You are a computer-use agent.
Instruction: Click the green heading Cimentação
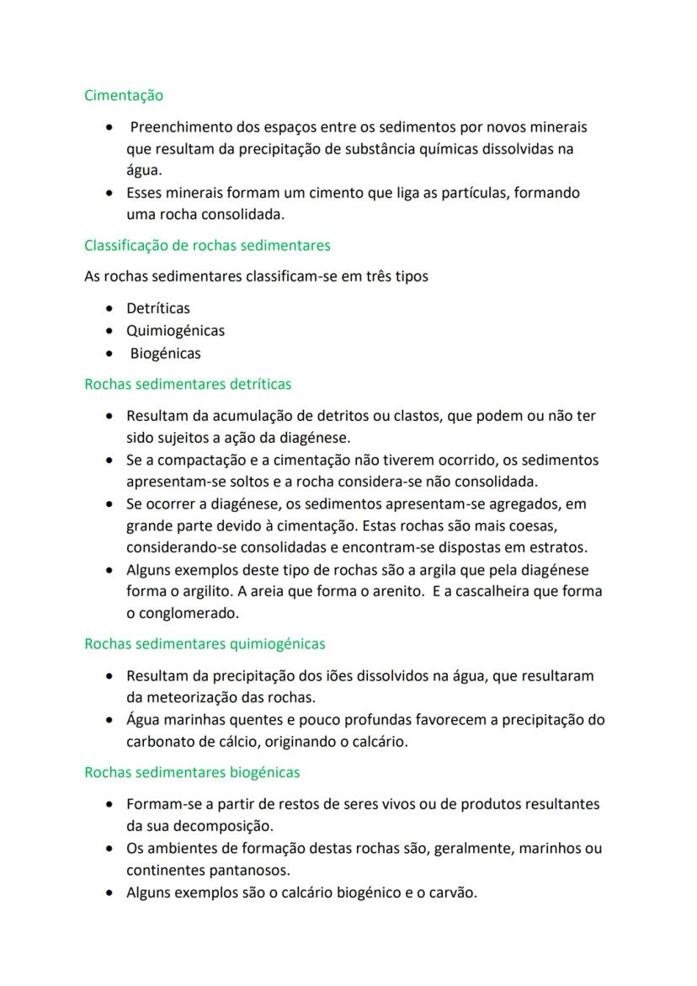[124, 96]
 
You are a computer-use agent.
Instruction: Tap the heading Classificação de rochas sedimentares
[207, 246]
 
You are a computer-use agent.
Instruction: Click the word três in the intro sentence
[359, 276]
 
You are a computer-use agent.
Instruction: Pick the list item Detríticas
[158, 308]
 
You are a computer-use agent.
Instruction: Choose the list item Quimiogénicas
[175, 331]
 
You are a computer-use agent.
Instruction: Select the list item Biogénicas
[165, 354]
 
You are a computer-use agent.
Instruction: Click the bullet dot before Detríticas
[110, 309]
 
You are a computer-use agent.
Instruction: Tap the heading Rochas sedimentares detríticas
[188, 385]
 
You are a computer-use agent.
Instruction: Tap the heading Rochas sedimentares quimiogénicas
[205, 644]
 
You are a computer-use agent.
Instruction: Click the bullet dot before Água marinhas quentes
[110, 721]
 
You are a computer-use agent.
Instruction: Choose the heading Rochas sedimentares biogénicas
[192, 773]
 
